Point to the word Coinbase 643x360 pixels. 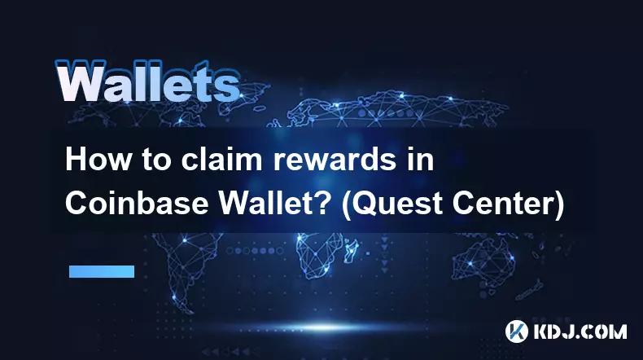(x=137, y=203)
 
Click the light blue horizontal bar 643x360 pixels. (x=102, y=271)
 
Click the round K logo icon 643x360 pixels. (x=516, y=331)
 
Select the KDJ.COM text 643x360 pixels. (x=580, y=331)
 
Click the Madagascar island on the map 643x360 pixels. (x=350, y=251)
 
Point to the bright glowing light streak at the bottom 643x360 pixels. (x=324, y=327)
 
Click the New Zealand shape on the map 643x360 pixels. (x=530, y=290)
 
